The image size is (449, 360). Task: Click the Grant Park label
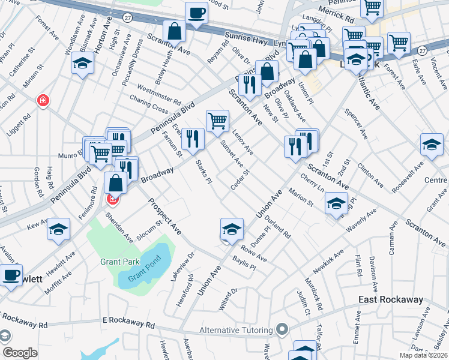[120, 262]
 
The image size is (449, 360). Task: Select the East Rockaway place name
[390, 299]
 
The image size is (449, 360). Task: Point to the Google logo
[20, 352]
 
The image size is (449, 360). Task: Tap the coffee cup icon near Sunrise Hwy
[196, 13]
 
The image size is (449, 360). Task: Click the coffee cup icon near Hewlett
[11, 275]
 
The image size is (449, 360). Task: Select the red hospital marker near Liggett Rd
[43, 100]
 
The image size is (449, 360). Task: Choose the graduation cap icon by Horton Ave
[82, 64]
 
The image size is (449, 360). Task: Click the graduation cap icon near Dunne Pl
[232, 229]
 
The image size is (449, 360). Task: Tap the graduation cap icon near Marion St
[337, 203]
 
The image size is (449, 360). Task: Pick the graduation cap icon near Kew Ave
[59, 229]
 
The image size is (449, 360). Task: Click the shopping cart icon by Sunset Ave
[217, 119]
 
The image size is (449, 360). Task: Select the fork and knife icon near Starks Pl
[193, 140]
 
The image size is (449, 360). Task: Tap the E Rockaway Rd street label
[129, 323]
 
